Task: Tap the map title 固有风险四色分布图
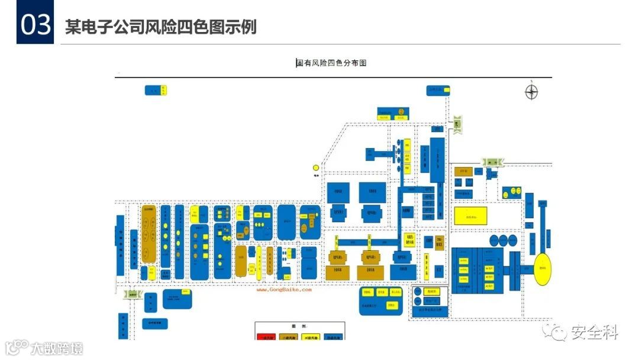(x=331, y=62)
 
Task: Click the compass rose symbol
(x=531, y=91)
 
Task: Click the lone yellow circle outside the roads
(x=316, y=168)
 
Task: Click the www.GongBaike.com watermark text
(x=283, y=290)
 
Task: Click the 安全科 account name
(x=595, y=333)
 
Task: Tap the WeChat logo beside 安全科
(x=557, y=333)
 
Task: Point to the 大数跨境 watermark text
(x=57, y=348)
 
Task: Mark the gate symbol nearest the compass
(x=457, y=124)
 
